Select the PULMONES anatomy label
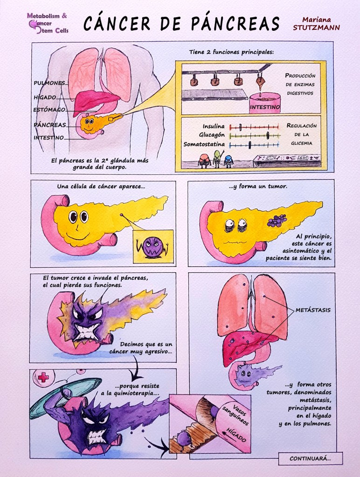coord(49,83)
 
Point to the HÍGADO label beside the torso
coord(45,97)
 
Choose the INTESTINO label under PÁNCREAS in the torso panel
coord(48,138)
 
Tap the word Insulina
coord(214,126)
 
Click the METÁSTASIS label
coord(313,310)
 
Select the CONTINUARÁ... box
coord(310,458)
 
